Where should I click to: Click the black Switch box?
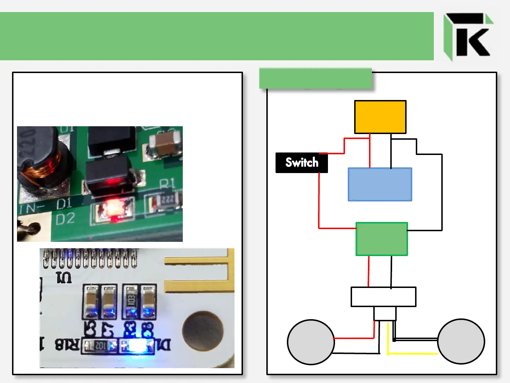302,163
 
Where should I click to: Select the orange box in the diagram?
380,117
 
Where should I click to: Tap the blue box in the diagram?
380,184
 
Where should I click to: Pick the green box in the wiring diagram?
381,239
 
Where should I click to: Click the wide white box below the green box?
383,297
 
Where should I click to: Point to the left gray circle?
311,342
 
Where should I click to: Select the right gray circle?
461,341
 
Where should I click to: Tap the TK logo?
468,36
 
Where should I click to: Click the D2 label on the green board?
66,219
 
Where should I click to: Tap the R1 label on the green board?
167,184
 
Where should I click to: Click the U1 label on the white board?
64,277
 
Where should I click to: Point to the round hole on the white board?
203,331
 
